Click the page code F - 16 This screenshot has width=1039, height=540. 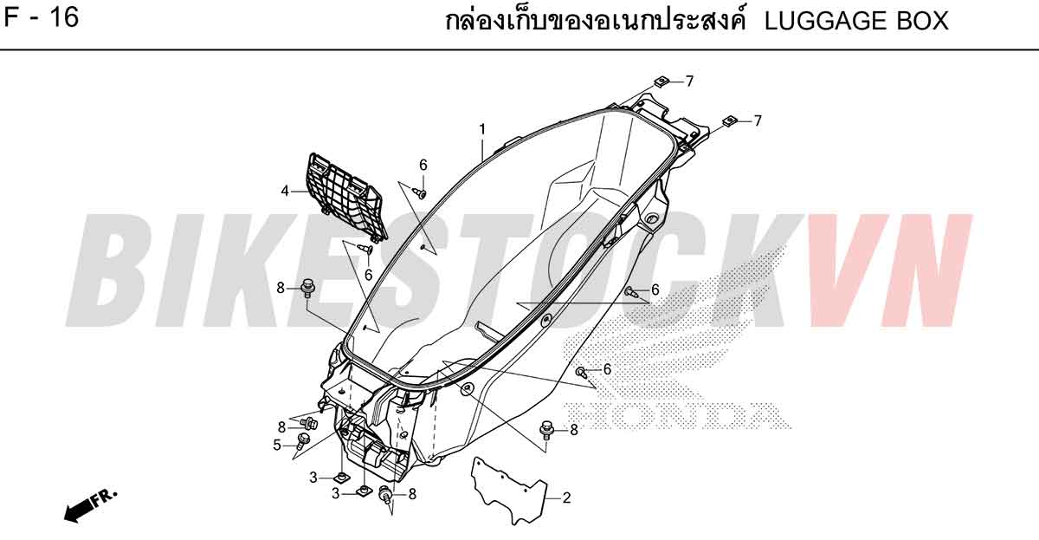[x=42, y=17]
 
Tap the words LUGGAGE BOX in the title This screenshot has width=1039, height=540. [x=856, y=21]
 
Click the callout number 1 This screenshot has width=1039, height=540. [x=482, y=129]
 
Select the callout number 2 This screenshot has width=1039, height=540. [x=566, y=498]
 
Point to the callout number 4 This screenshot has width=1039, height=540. [x=285, y=191]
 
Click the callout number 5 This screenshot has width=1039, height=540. [x=277, y=446]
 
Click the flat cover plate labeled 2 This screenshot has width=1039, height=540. [x=509, y=491]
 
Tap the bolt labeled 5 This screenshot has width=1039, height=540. [x=302, y=440]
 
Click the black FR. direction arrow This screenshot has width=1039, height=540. [x=90, y=506]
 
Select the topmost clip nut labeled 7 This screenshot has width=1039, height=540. [x=660, y=82]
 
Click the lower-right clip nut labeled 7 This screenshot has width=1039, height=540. [x=729, y=121]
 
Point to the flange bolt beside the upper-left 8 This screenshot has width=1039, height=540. [x=307, y=288]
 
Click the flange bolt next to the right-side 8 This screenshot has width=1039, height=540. [x=547, y=430]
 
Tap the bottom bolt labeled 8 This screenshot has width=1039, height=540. [x=385, y=493]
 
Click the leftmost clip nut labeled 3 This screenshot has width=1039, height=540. [x=341, y=477]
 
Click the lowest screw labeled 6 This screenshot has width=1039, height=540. [x=581, y=372]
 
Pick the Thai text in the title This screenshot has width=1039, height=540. [x=595, y=21]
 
